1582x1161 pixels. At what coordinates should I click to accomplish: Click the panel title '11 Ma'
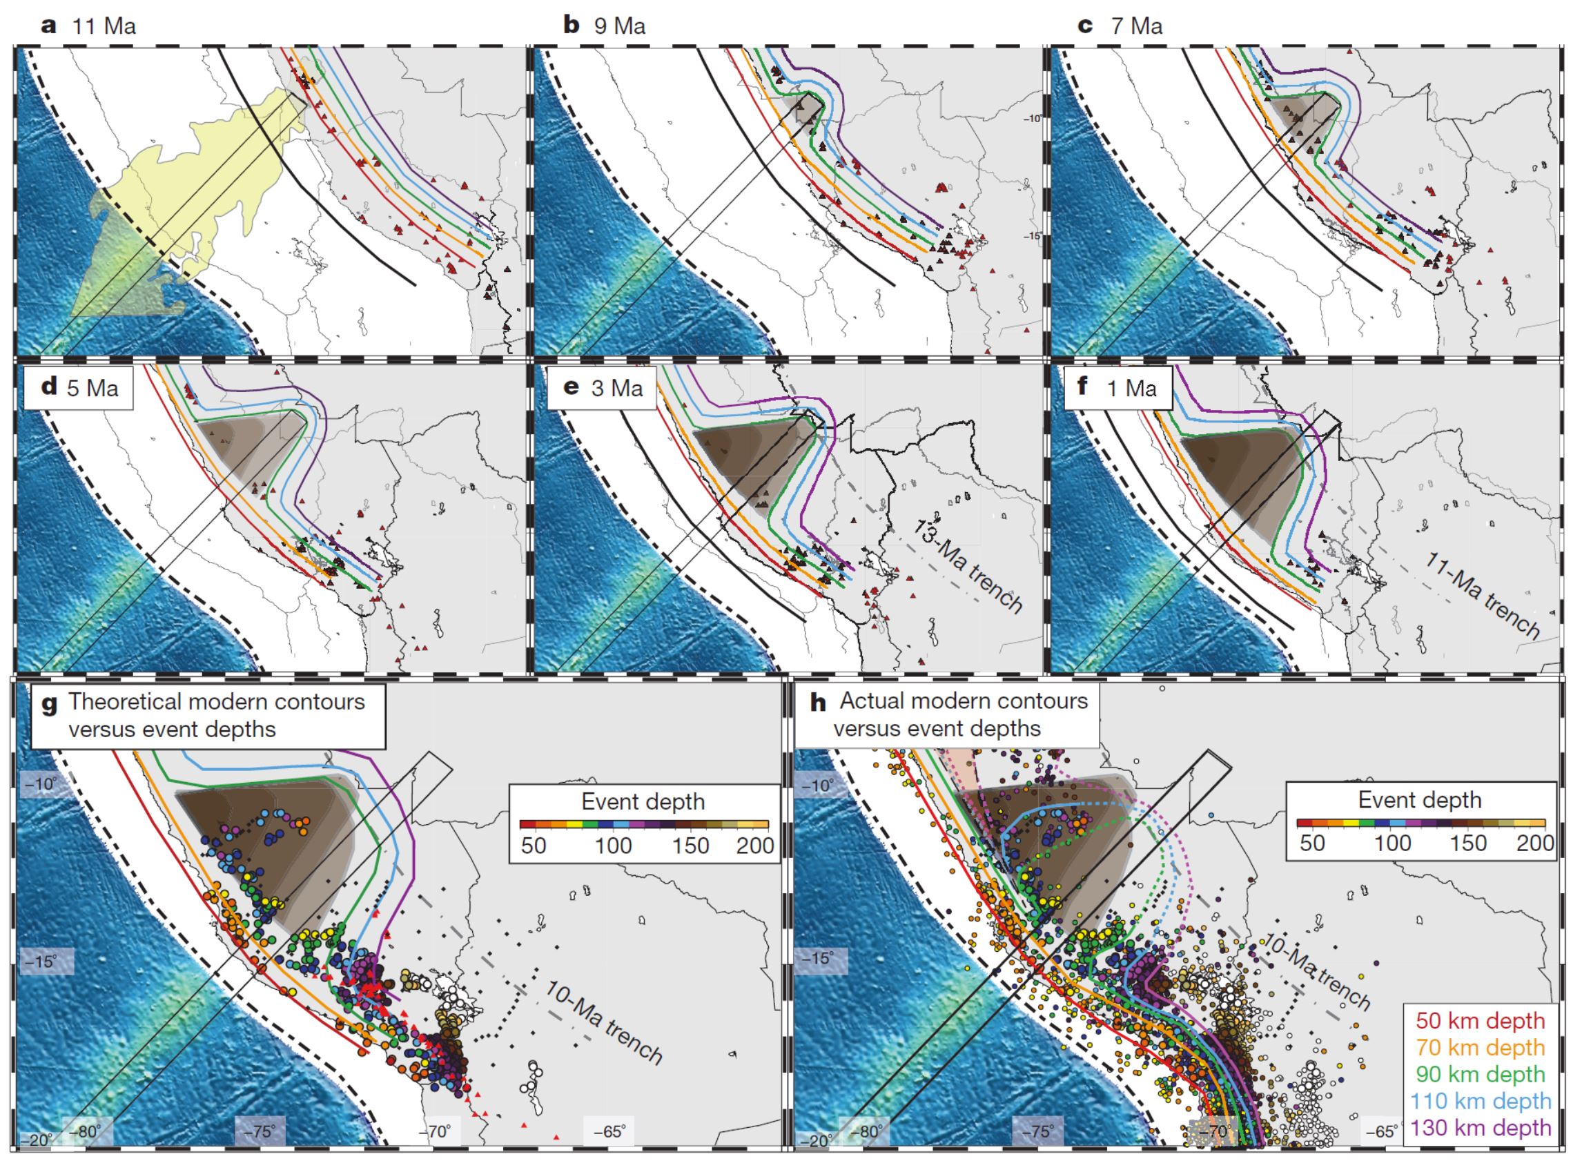click(x=104, y=26)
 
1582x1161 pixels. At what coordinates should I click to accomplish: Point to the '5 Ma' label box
click(x=79, y=387)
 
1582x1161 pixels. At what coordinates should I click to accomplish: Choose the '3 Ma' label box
click(x=603, y=387)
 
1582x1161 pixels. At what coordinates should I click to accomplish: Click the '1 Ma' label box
click(x=1118, y=387)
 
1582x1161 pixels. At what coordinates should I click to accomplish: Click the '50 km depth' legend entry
click(x=1479, y=1019)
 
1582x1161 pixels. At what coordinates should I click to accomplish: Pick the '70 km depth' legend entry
click(x=1479, y=1047)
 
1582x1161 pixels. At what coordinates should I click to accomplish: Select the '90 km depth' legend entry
click(x=1479, y=1074)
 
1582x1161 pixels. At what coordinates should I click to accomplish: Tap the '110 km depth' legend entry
click(x=1479, y=1101)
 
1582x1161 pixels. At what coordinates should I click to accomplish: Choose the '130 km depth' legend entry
click(x=1479, y=1128)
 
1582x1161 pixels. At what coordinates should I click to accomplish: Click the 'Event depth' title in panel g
click(x=643, y=801)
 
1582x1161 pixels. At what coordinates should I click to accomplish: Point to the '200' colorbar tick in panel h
click(x=1534, y=843)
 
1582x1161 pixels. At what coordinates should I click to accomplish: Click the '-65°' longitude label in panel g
click(x=609, y=1131)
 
